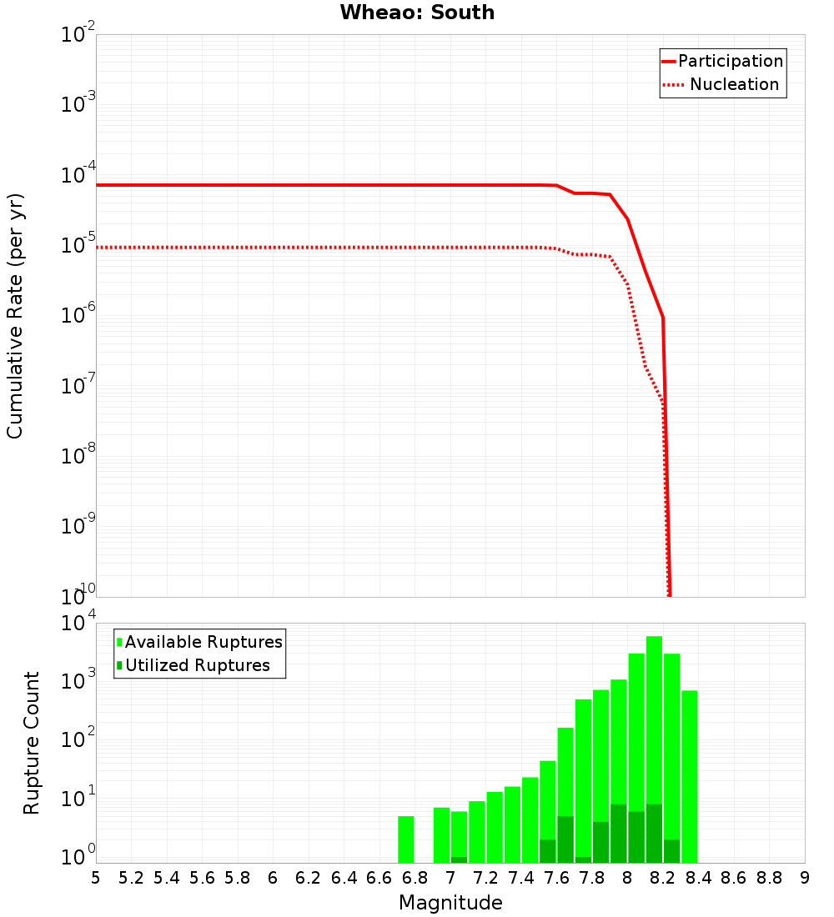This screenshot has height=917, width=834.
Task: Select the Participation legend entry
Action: tap(730, 62)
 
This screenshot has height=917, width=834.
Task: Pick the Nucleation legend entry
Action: tap(733, 85)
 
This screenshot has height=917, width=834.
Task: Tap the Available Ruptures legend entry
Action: tap(203, 642)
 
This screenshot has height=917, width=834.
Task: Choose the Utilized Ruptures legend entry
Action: tap(197, 665)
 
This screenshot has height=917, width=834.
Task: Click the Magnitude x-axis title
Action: tap(450, 903)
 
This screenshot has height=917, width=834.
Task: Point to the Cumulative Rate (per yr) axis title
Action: tap(16, 315)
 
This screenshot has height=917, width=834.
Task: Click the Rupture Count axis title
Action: tap(32, 743)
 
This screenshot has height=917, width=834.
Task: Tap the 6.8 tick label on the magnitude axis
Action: tap(414, 878)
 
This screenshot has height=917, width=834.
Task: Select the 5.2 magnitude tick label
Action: tap(131, 878)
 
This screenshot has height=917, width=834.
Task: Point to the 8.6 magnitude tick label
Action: tap(734, 878)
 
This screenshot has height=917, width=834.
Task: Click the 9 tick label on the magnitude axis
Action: tap(805, 878)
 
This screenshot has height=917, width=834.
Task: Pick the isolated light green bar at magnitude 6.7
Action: tap(406, 839)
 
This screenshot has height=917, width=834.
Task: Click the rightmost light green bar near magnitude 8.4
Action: tap(690, 775)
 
